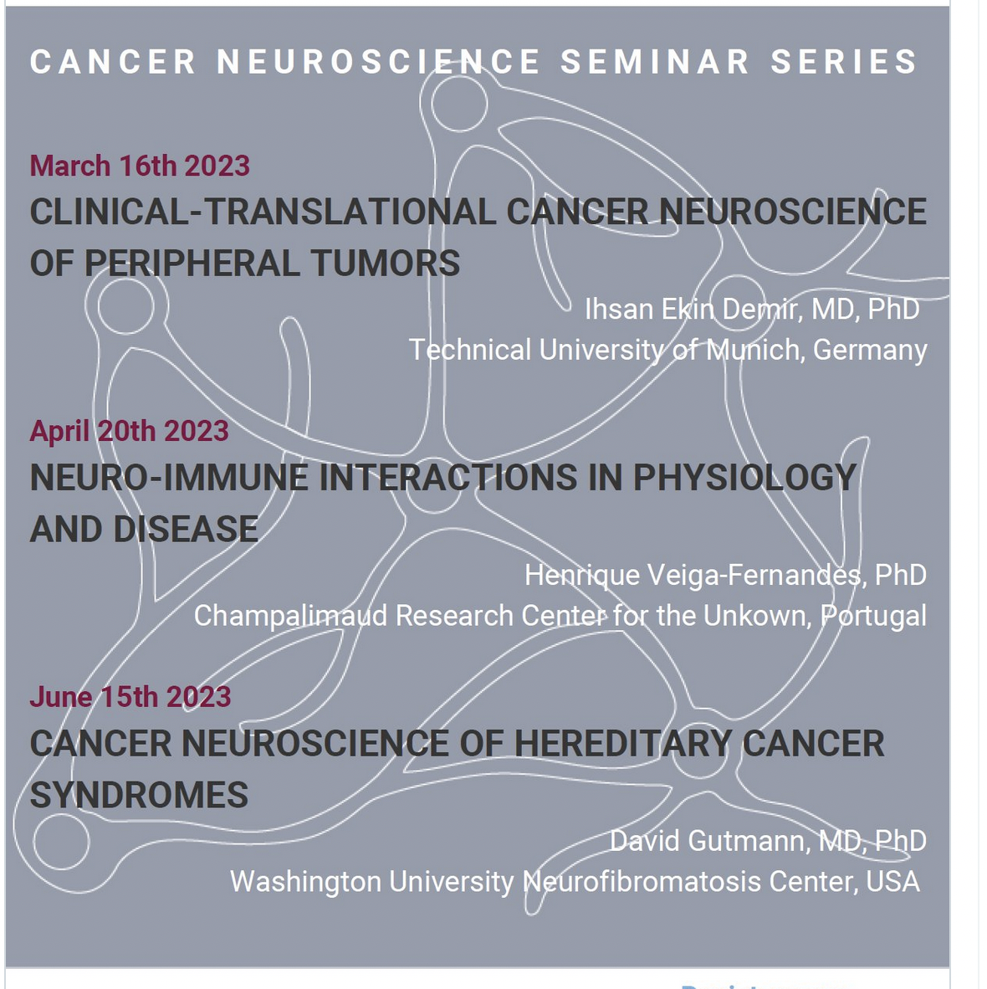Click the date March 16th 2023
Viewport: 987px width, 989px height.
(x=140, y=166)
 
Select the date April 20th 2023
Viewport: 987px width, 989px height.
(x=130, y=432)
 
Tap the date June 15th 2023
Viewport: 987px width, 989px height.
(x=130, y=697)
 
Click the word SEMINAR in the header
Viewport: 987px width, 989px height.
(x=655, y=62)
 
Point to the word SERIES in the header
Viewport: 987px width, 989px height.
(x=844, y=62)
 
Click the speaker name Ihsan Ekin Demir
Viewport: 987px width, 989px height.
(x=693, y=309)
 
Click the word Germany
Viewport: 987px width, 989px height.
(x=870, y=351)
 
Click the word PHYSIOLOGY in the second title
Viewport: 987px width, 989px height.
(x=744, y=478)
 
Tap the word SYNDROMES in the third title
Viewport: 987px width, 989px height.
(x=139, y=795)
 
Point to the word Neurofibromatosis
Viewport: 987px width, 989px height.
(x=642, y=881)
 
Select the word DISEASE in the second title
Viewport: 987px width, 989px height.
(x=186, y=529)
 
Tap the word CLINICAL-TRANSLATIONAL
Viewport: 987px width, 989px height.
(x=263, y=212)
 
